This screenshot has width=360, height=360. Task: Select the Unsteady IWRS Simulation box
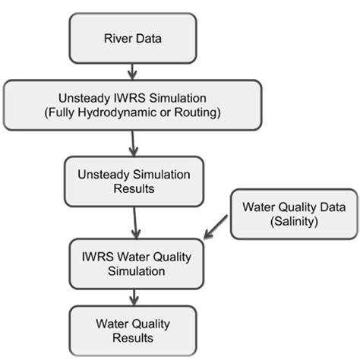[132, 106]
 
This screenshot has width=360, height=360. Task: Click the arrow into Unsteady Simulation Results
[135, 142]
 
